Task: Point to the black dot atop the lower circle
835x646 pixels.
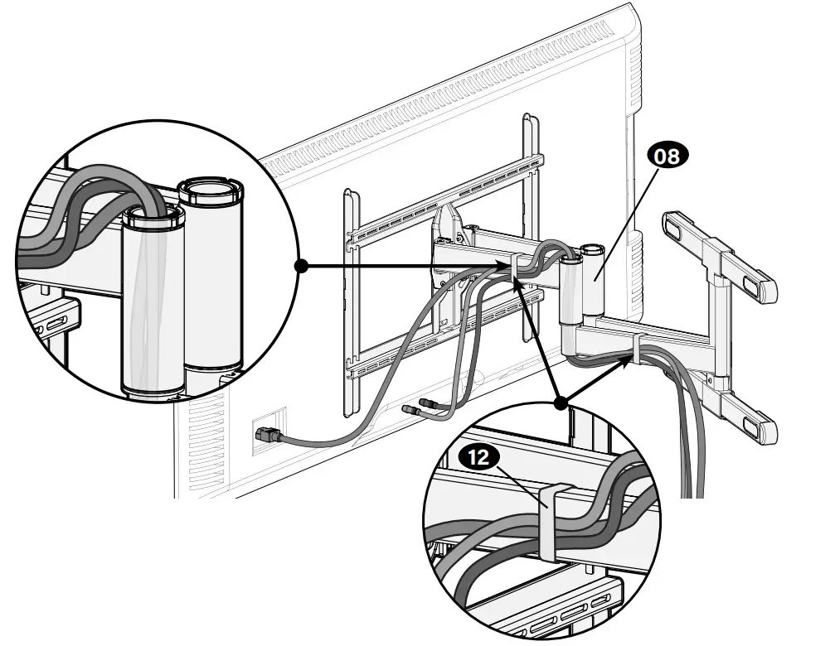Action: pyautogui.click(x=561, y=403)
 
